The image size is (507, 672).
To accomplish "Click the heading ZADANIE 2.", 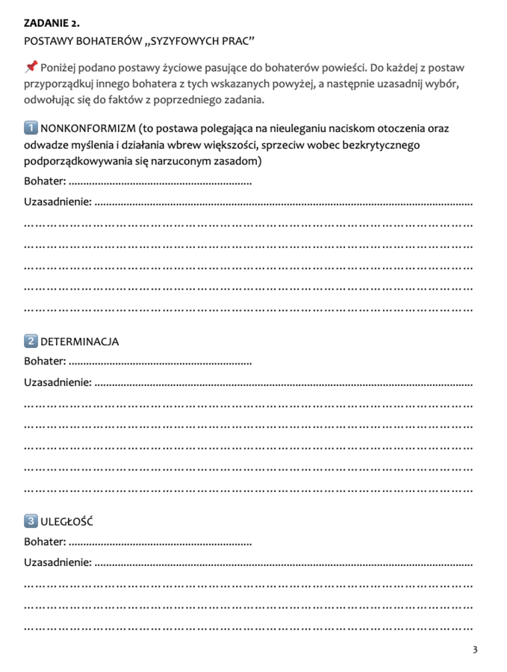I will tap(52, 23).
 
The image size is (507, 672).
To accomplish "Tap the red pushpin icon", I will tap(31, 67).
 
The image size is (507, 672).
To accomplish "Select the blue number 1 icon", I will tap(31, 128).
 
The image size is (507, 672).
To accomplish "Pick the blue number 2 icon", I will tap(31, 341).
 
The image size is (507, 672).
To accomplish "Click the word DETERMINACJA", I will tap(79, 342).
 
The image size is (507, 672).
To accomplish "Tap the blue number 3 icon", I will tap(31, 521).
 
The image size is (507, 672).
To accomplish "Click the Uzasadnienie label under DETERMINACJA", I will tap(57, 383).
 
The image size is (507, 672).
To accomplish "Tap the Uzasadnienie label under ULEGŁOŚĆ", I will tap(57, 563).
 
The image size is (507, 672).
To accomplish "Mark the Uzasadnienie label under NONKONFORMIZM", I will tap(57, 202).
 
